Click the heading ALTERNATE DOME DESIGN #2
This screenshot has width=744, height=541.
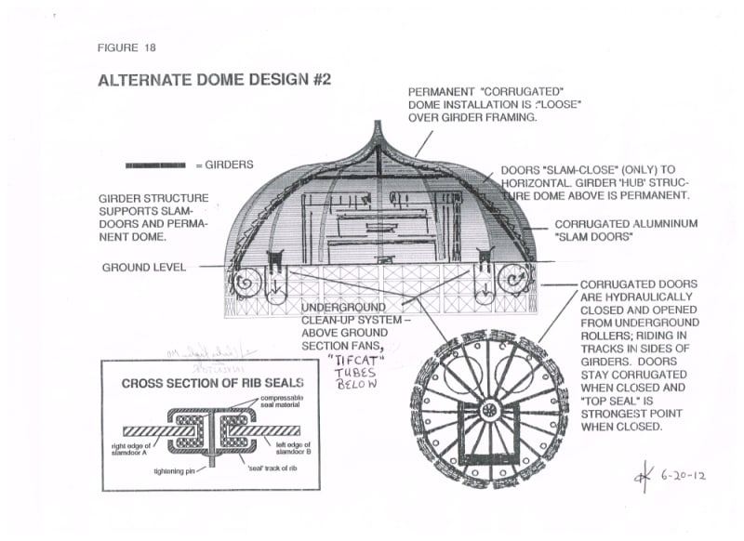pyautogui.click(x=214, y=80)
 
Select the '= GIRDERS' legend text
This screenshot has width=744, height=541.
pyautogui.click(x=224, y=165)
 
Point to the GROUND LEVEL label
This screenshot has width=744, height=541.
pyautogui.click(x=144, y=268)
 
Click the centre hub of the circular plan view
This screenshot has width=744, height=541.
pyautogui.click(x=487, y=410)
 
